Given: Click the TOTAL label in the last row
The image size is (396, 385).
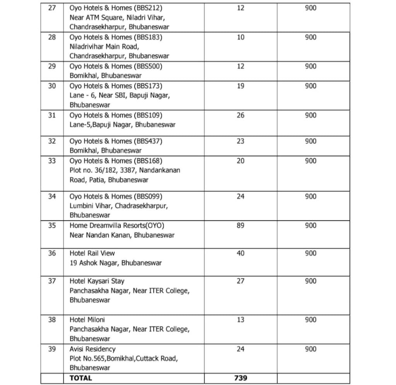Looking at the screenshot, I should click(80, 378).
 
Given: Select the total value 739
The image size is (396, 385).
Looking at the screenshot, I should click(241, 378).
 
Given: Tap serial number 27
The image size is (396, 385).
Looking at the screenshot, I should click(52, 8).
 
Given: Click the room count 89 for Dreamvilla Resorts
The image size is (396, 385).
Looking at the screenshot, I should click(241, 225).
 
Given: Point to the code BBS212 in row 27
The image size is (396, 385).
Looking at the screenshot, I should click(148, 8).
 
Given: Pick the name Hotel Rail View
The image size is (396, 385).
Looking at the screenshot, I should click(92, 253).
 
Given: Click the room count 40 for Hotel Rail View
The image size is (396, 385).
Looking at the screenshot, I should click(241, 253).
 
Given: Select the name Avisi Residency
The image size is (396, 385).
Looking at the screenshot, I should click(92, 349).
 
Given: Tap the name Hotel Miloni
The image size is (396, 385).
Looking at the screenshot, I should click(87, 320).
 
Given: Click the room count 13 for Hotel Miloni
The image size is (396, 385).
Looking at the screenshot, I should click(241, 320).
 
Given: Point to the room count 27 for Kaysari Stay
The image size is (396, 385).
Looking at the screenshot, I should click(241, 281).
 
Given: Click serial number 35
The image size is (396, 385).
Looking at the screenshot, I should click(52, 225).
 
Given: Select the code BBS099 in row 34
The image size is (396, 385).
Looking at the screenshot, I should click(148, 196).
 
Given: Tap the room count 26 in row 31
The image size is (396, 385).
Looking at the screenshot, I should click(241, 115).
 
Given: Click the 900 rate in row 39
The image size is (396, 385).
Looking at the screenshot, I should click(311, 349).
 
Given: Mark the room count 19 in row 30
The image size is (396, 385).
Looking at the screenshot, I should click(241, 86).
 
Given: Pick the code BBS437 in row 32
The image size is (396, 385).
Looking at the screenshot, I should click(148, 141).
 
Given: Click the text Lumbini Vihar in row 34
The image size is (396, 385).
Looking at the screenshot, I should click(90, 206).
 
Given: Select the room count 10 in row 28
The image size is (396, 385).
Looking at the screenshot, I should click(241, 37).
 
